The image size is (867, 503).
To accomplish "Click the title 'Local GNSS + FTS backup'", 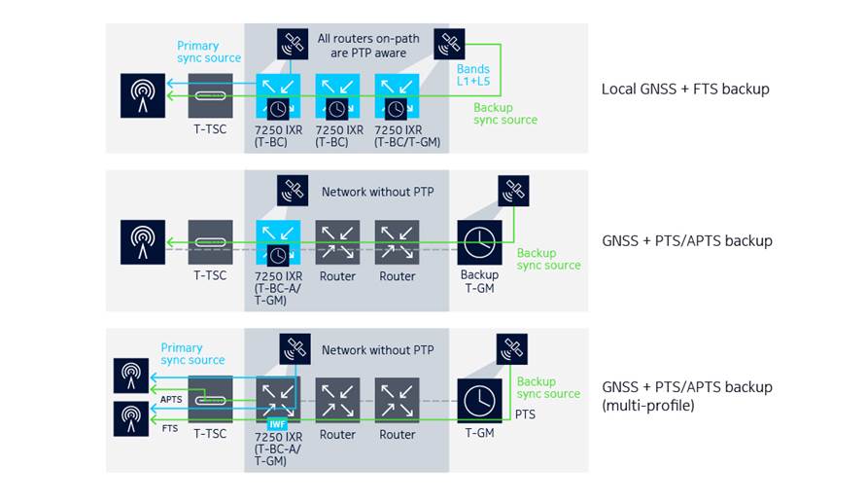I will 684,90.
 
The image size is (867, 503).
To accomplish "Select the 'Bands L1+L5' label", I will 474,76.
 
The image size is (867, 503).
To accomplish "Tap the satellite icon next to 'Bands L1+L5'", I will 449,44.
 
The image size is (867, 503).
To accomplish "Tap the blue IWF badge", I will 277,424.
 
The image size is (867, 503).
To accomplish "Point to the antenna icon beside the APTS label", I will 131,376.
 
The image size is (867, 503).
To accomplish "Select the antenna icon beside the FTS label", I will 131,418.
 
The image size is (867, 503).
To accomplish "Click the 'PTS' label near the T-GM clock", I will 525,414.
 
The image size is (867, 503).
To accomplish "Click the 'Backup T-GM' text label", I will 479,282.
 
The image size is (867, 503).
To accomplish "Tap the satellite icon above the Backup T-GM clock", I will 512,191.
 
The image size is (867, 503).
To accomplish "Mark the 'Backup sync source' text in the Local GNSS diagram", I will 504,114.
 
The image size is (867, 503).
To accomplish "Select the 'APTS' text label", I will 171,399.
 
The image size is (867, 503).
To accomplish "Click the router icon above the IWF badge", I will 278,398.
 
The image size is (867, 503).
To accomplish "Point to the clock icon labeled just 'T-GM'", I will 479,400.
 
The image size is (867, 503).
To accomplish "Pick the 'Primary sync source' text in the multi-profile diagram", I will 192,354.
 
